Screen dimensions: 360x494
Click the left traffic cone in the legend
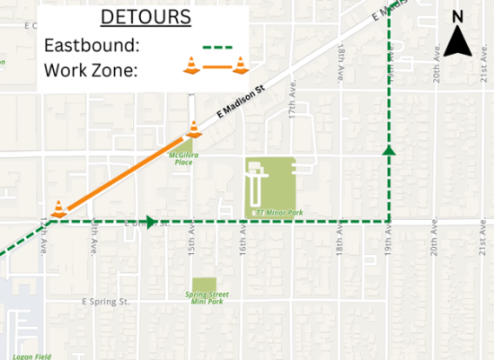(x=190, y=65)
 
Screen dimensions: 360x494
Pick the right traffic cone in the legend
(x=240, y=65)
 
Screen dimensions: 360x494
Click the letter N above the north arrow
(x=457, y=15)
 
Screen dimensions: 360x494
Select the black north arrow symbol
(x=457, y=41)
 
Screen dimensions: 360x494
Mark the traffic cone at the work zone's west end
(x=58, y=208)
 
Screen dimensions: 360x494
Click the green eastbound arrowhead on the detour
(x=151, y=222)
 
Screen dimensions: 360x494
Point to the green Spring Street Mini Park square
(x=204, y=285)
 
